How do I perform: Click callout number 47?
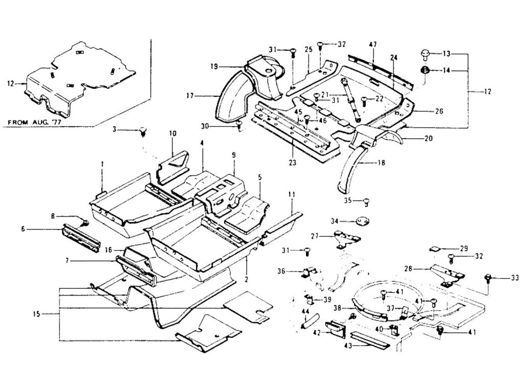373,45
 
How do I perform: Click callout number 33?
514,278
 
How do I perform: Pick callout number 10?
173,134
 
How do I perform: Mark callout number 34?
335,221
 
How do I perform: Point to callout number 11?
292,194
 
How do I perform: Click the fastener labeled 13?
425,53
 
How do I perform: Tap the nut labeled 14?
424,70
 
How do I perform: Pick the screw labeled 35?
366,201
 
